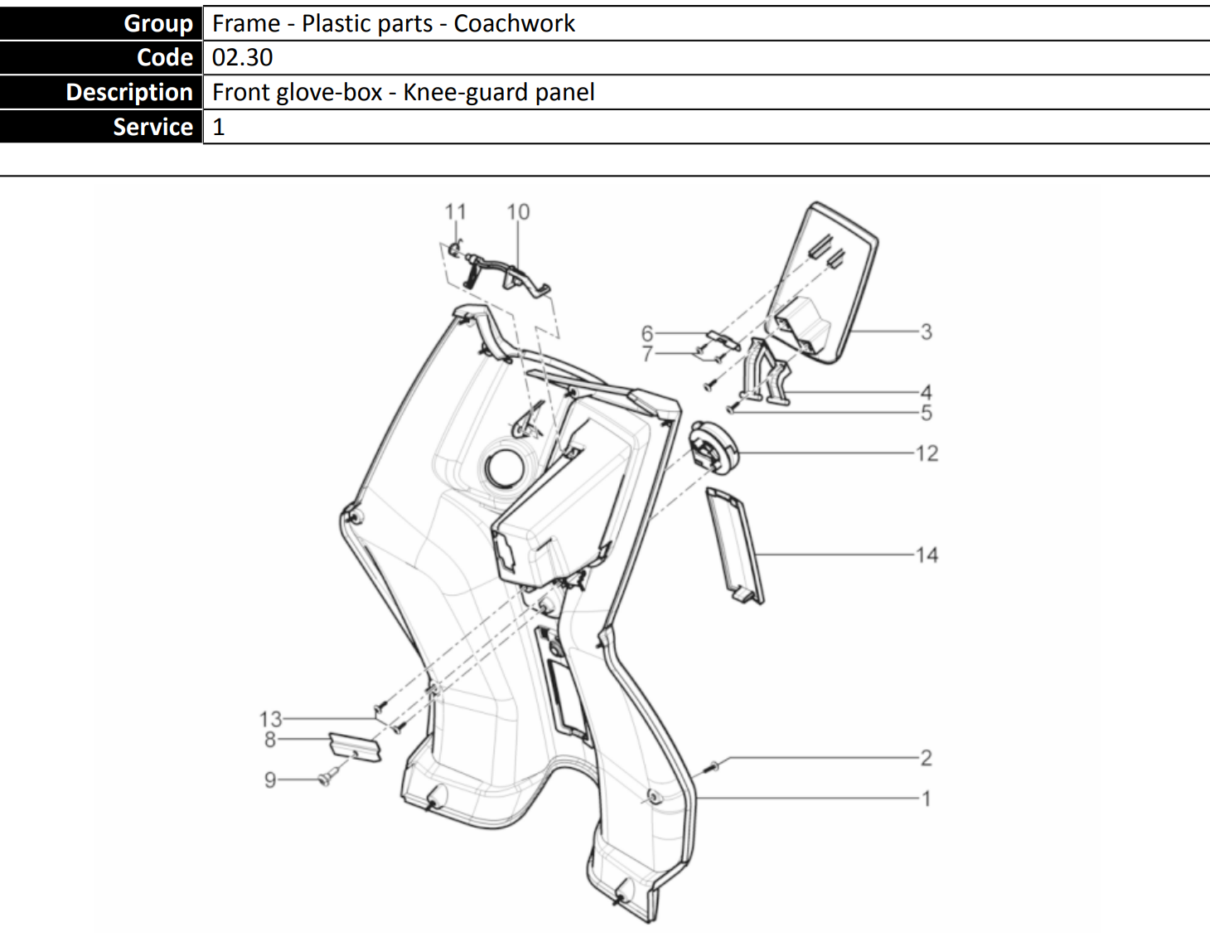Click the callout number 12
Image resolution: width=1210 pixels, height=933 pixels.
[x=927, y=454]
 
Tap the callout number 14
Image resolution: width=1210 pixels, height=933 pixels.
[x=927, y=555]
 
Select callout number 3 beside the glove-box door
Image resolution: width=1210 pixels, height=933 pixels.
[x=926, y=331]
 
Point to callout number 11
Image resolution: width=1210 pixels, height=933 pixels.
[x=455, y=212]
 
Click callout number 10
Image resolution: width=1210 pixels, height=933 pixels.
[x=518, y=212]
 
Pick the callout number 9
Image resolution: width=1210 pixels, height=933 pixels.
[x=270, y=780]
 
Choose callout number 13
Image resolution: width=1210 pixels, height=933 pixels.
[x=271, y=719]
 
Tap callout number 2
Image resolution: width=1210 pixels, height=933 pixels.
[x=926, y=757]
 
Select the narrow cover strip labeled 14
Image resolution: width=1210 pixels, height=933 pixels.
[x=735, y=545]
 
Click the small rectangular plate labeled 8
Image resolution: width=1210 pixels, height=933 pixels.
[x=356, y=747]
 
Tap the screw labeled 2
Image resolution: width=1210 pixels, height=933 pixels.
[x=712, y=767]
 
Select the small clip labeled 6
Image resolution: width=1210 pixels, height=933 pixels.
[x=724, y=340]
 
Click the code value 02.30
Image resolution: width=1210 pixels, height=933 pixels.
[x=242, y=57]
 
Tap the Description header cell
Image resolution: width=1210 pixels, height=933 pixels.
[x=101, y=92]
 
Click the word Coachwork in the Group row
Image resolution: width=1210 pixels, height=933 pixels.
[x=514, y=23]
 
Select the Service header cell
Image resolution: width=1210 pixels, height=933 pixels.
[x=101, y=127]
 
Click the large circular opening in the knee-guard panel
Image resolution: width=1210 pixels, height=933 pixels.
[x=506, y=467]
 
